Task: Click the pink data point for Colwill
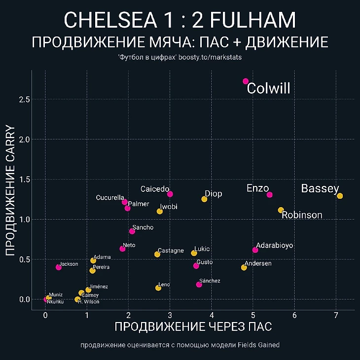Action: pyautogui.click(x=246, y=81)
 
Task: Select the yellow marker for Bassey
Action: pyautogui.click(x=340, y=196)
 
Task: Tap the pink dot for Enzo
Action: pyautogui.click(x=269, y=194)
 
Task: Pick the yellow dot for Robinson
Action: pyautogui.click(x=281, y=210)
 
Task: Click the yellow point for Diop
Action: pyautogui.click(x=204, y=199)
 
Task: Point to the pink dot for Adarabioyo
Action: pyautogui.click(x=255, y=250)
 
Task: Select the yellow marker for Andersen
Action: pyautogui.click(x=244, y=267)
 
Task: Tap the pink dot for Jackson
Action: pyautogui.click(x=59, y=267)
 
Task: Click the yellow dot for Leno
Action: pyautogui.click(x=158, y=288)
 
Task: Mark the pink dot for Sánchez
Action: pyautogui.click(x=199, y=284)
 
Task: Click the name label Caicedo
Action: pyautogui.click(x=155, y=189)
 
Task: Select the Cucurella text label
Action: pyautogui.click(x=110, y=198)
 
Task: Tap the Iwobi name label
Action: pyautogui.click(x=169, y=207)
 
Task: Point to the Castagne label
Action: pyautogui.click(x=171, y=251)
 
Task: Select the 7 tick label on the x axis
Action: pyautogui.click(x=336, y=316)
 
